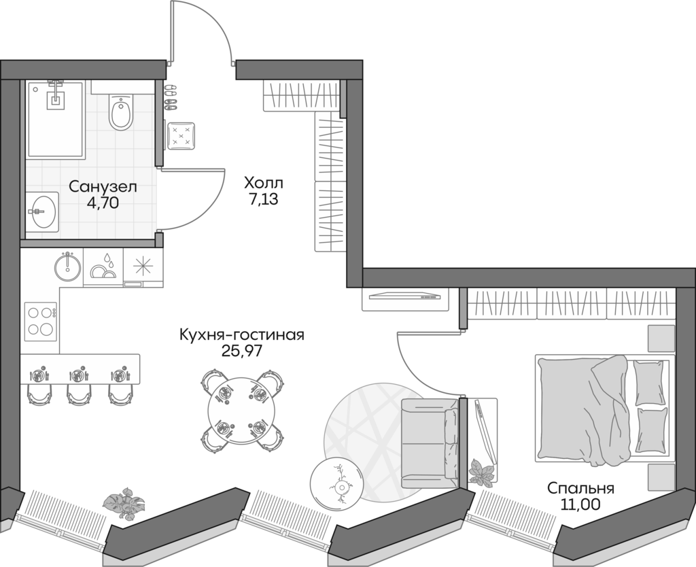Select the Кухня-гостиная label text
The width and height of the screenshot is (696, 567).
[241, 334]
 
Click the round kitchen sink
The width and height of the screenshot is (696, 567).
[67, 265]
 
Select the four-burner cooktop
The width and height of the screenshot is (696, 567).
[39, 322]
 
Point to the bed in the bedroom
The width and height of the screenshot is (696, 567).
[598, 408]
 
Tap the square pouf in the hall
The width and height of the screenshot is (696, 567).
[181, 137]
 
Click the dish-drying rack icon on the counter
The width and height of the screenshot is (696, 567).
[103, 268]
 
